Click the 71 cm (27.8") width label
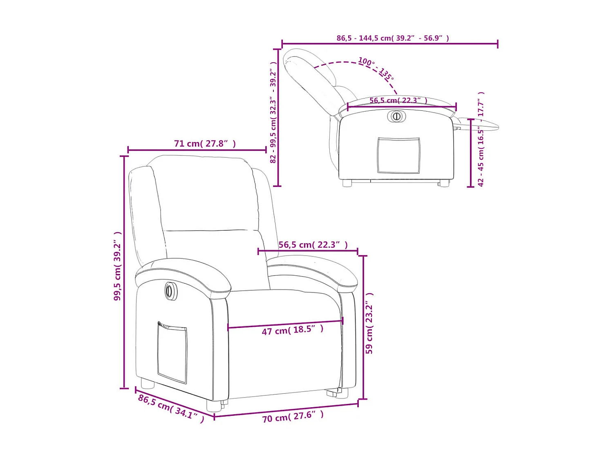coord(205,144)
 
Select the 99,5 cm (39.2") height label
coord(117,266)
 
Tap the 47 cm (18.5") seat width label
coord(292,330)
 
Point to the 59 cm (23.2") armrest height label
coord(369,323)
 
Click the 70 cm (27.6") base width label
coord(293,417)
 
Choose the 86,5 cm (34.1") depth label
coord(171,408)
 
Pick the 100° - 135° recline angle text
coord(376,68)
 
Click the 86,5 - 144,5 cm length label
coord(392,38)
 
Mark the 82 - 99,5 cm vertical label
coord(273,112)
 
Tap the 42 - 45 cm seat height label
coord(481,139)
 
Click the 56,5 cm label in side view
coord(398,100)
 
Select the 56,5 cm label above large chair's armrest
coord(313,245)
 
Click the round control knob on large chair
coord(170,291)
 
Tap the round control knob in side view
coord(396,116)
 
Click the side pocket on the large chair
coord(172,353)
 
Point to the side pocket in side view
coord(398,155)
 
